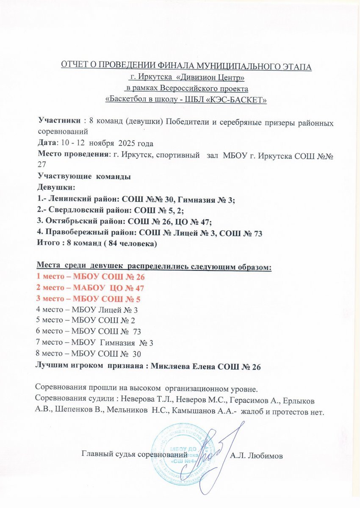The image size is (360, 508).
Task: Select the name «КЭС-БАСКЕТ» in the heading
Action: [x=240, y=100]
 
